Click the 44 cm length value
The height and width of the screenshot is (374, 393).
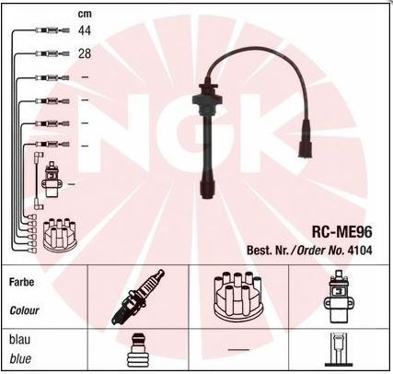click(85, 30)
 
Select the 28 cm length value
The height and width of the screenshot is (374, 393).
click(85, 53)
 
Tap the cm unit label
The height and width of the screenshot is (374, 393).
click(85, 14)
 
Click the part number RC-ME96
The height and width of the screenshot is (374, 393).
click(341, 231)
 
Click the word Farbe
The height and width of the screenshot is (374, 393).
click(21, 282)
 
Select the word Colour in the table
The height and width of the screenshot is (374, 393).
click(24, 310)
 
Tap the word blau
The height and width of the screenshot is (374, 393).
click(20, 340)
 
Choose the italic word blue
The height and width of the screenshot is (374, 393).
click(20, 358)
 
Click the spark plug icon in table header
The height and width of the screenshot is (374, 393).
click(138, 297)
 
